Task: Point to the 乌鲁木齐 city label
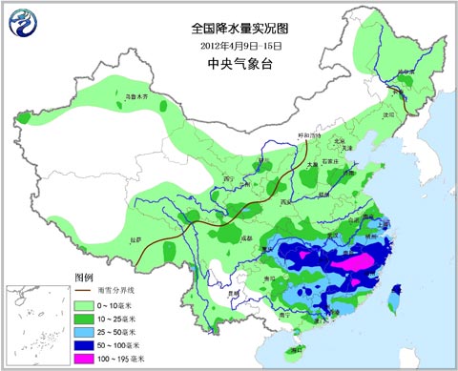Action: (140, 97)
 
